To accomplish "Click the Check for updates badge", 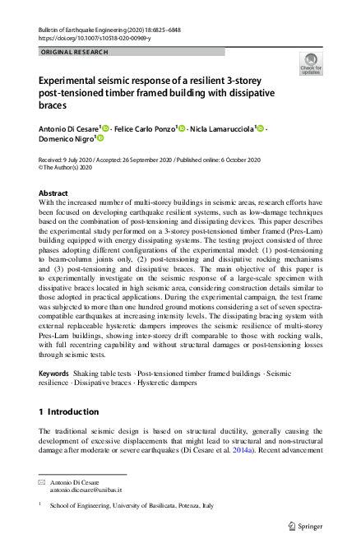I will [x=310, y=63].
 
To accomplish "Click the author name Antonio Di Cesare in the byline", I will [x=68, y=129].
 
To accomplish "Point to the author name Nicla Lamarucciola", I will [x=221, y=129].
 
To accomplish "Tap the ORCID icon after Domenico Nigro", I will [x=100, y=141].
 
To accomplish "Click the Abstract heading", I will [x=54, y=193].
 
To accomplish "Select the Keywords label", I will [x=53, y=374].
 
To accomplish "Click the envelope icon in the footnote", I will [x=43, y=481].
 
